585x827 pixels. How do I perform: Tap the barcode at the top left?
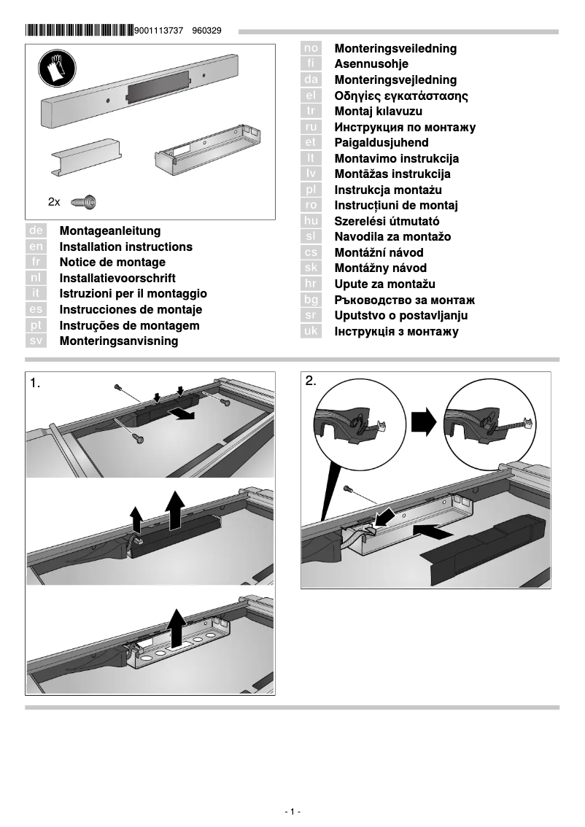click(x=79, y=31)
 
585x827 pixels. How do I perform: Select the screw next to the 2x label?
click(x=85, y=201)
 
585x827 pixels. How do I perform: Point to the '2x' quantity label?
click(x=54, y=201)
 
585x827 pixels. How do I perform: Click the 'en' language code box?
click(x=36, y=247)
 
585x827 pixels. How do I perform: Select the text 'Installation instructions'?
click(x=126, y=247)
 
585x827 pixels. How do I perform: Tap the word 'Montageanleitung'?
click(x=110, y=231)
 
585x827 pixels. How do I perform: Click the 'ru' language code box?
click(x=311, y=128)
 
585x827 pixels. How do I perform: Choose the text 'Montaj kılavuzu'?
click(x=378, y=112)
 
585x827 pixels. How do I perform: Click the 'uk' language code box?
click(x=311, y=332)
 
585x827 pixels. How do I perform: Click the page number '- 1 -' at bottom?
click(x=292, y=812)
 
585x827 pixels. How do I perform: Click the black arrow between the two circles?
click(x=422, y=421)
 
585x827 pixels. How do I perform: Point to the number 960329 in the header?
click(x=207, y=31)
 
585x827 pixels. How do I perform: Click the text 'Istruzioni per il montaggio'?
click(x=133, y=294)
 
